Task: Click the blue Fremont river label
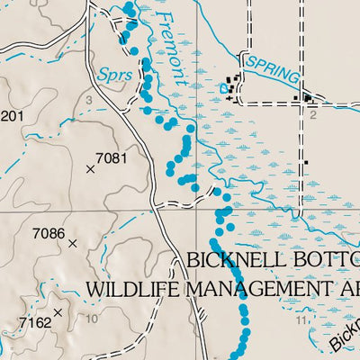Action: (x=171, y=49)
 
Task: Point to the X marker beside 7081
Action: (x=90, y=168)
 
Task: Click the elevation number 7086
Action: (x=49, y=234)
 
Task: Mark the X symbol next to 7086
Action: (x=73, y=242)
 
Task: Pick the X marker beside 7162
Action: (x=58, y=312)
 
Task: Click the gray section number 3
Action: (x=89, y=100)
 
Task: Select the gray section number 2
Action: (x=313, y=115)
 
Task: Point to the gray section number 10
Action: (x=92, y=319)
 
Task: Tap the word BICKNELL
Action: (x=229, y=261)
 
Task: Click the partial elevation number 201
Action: (x=10, y=116)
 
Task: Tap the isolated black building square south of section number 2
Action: (x=306, y=163)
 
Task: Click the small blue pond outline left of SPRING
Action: (x=226, y=89)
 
